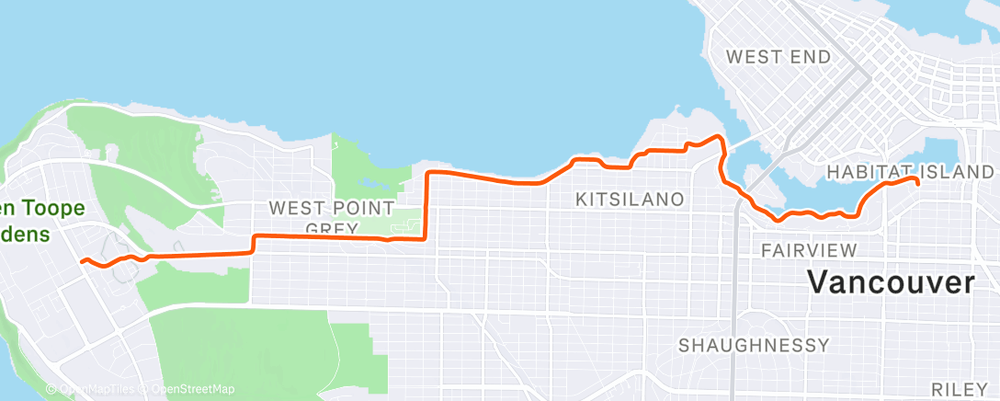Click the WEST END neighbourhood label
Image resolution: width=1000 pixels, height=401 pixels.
(778, 57)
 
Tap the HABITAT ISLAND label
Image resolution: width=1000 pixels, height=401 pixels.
(910, 172)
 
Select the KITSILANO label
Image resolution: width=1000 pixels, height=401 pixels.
(630, 199)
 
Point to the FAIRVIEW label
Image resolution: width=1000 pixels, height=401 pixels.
(810, 250)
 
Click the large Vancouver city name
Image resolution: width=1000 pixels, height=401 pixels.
(891, 282)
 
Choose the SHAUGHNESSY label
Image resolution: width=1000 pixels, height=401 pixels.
(754, 346)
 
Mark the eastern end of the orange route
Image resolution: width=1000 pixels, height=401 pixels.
(917, 181)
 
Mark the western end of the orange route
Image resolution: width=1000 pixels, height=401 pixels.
(83, 261)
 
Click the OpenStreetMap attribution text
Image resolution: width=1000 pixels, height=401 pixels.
(188, 390)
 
